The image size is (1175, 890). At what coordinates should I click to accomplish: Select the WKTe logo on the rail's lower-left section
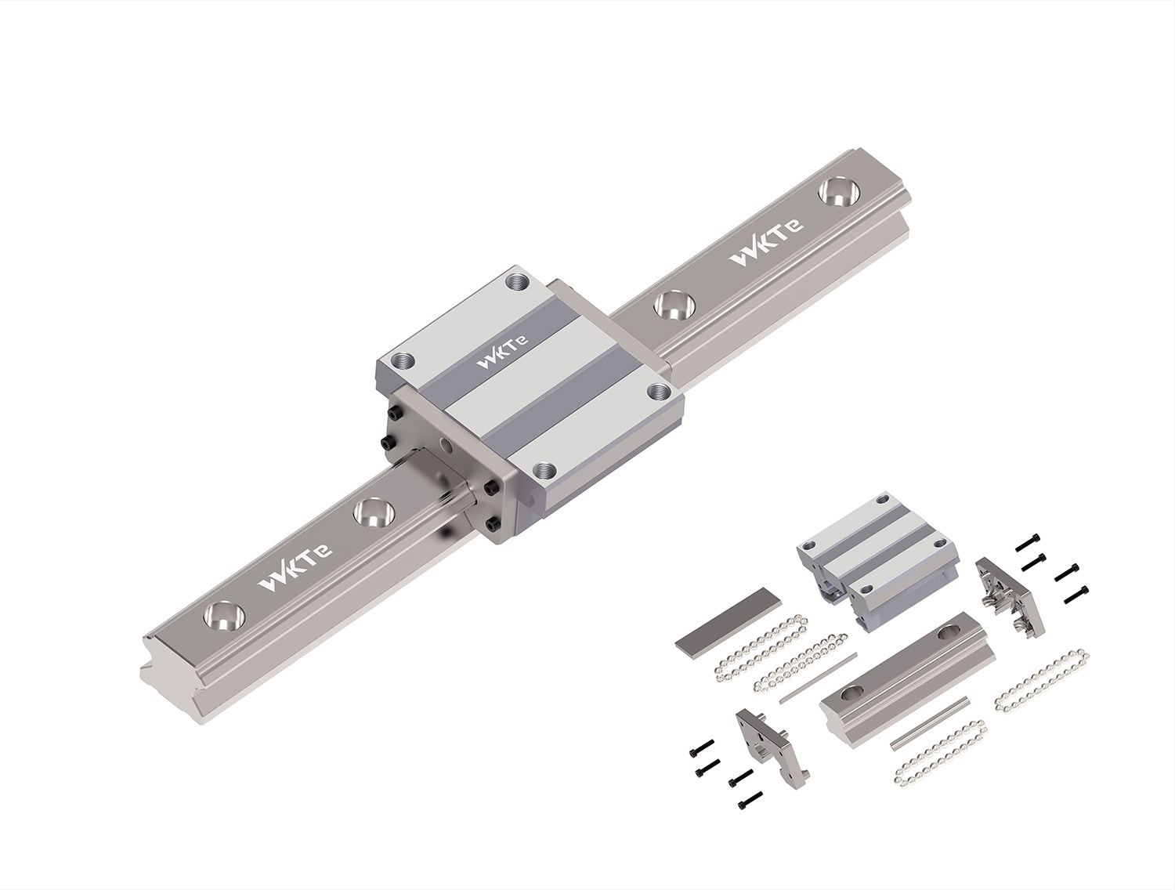(295, 568)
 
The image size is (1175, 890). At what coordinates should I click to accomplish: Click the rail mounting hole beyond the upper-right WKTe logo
(840, 192)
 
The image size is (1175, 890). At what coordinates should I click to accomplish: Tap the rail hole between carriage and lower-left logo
(374, 512)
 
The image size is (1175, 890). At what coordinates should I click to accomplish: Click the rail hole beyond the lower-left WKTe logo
(224, 616)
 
